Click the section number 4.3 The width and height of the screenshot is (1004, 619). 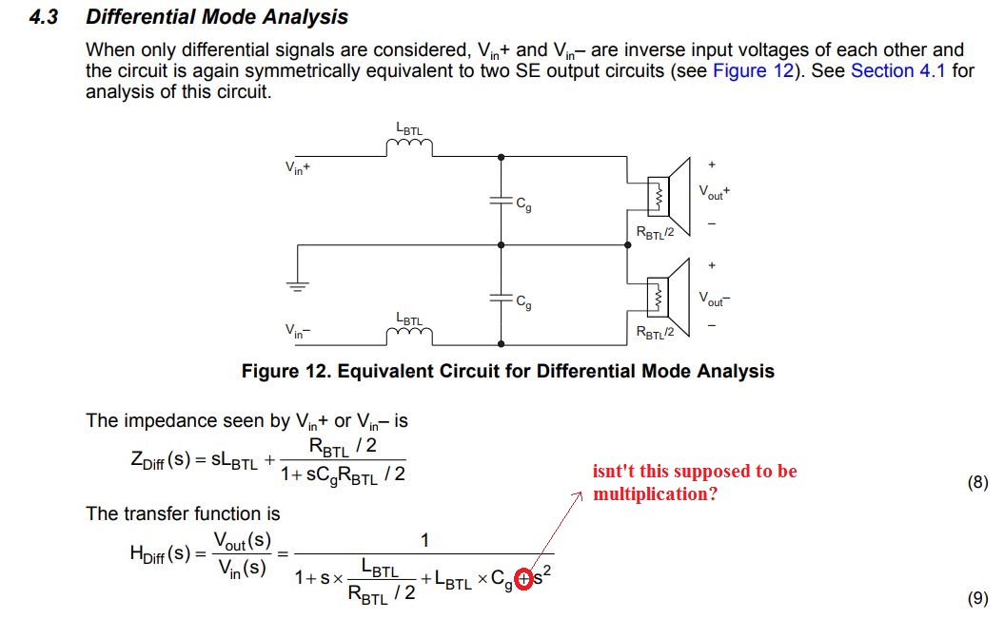pyautogui.click(x=44, y=17)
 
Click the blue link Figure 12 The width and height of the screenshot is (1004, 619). pyautogui.click(x=752, y=71)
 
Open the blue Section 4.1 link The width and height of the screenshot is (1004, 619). pyautogui.click(x=897, y=71)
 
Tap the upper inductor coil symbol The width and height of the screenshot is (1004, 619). pyautogui.click(x=409, y=146)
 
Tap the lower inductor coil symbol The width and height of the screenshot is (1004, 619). pyautogui.click(x=409, y=336)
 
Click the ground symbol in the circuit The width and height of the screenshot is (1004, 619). pyautogui.click(x=297, y=285)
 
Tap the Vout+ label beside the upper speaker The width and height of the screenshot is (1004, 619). pyautogui.click(x=714, y=192)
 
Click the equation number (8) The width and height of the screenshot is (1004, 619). pyautogui.click(x=977, y=483)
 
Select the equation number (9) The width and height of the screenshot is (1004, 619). pyautogui.click(x=977, y=598)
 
